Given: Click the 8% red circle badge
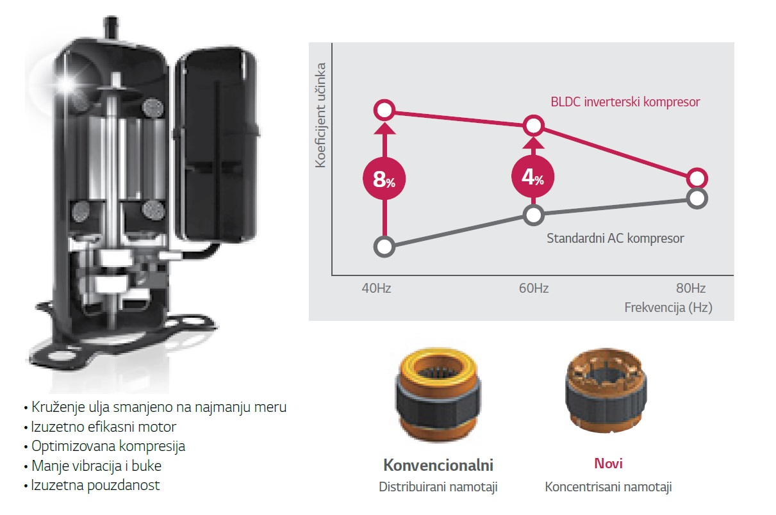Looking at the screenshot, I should click(x=384, y=179).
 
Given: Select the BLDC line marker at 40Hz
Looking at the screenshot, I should click(x=384, y=111).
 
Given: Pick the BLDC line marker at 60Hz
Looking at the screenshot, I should click(x=533, y=126).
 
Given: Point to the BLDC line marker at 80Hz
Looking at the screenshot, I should click(x=697, y=178).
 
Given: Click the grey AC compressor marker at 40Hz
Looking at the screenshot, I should click(x=384, y=247).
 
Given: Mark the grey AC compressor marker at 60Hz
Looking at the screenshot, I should click(x=533, y=215).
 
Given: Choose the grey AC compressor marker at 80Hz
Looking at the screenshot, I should click(x=697, y=198).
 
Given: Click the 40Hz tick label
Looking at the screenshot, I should click(x=376, y=288).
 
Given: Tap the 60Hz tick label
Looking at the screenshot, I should click(x=533, y=288).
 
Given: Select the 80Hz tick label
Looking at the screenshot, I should click(x=691, y=288).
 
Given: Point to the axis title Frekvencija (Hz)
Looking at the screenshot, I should click(x=668, y=307).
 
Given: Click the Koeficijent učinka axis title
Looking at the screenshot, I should click(x=321, y=115).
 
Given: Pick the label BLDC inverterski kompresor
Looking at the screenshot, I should click(x=625, y=102).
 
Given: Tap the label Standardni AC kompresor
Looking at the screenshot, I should click(x=615, y=238).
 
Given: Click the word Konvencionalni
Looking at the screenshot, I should click(x=438, y=465).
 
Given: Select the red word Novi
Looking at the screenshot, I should click(x=608, y=463).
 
